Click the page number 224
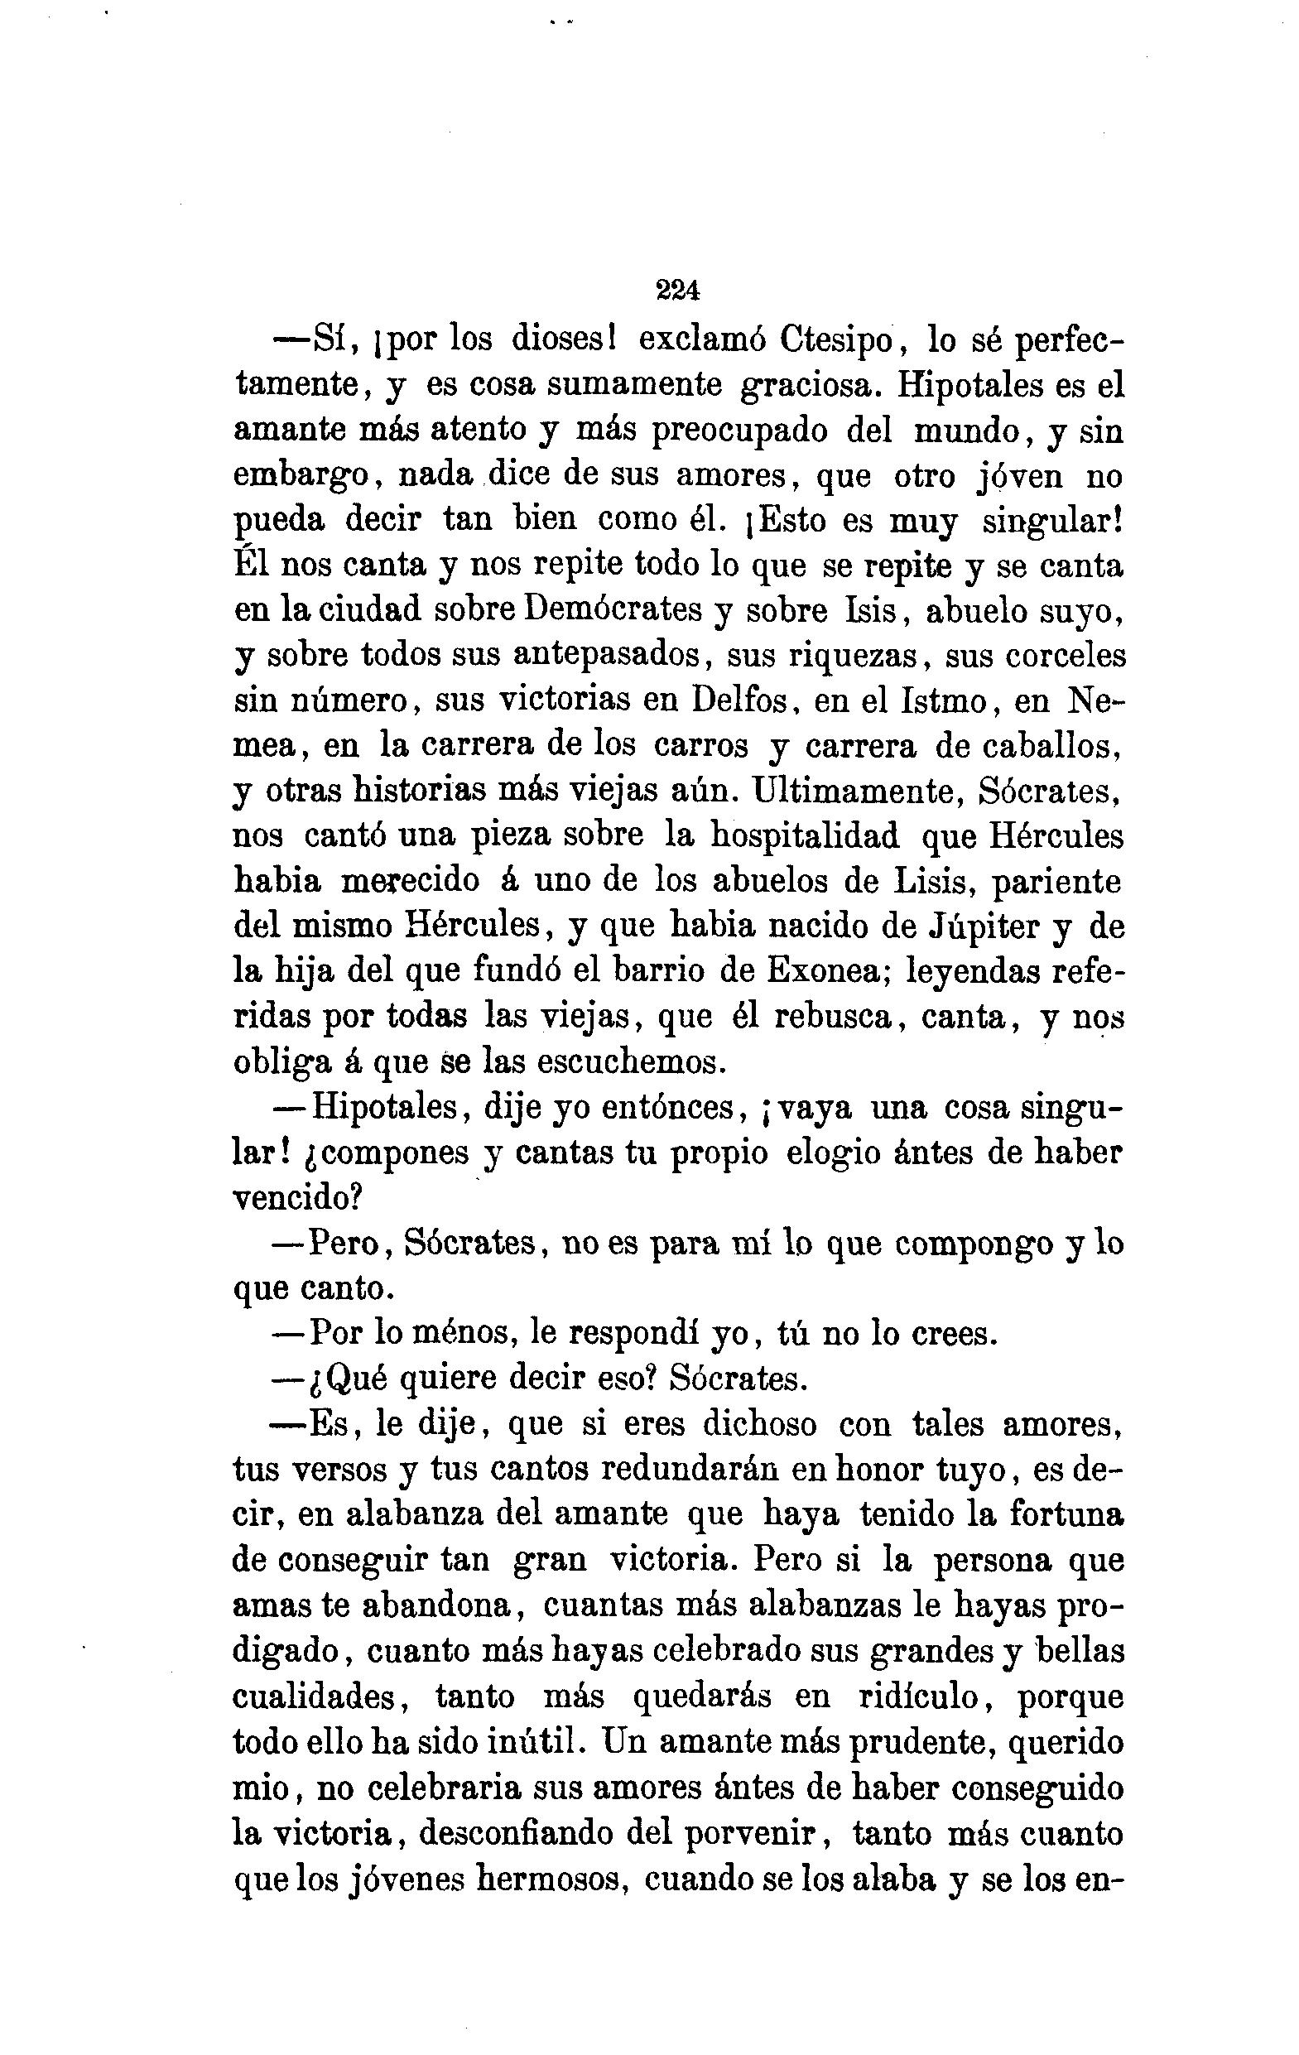tap(678, 291)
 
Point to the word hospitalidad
tap(805, 835)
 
